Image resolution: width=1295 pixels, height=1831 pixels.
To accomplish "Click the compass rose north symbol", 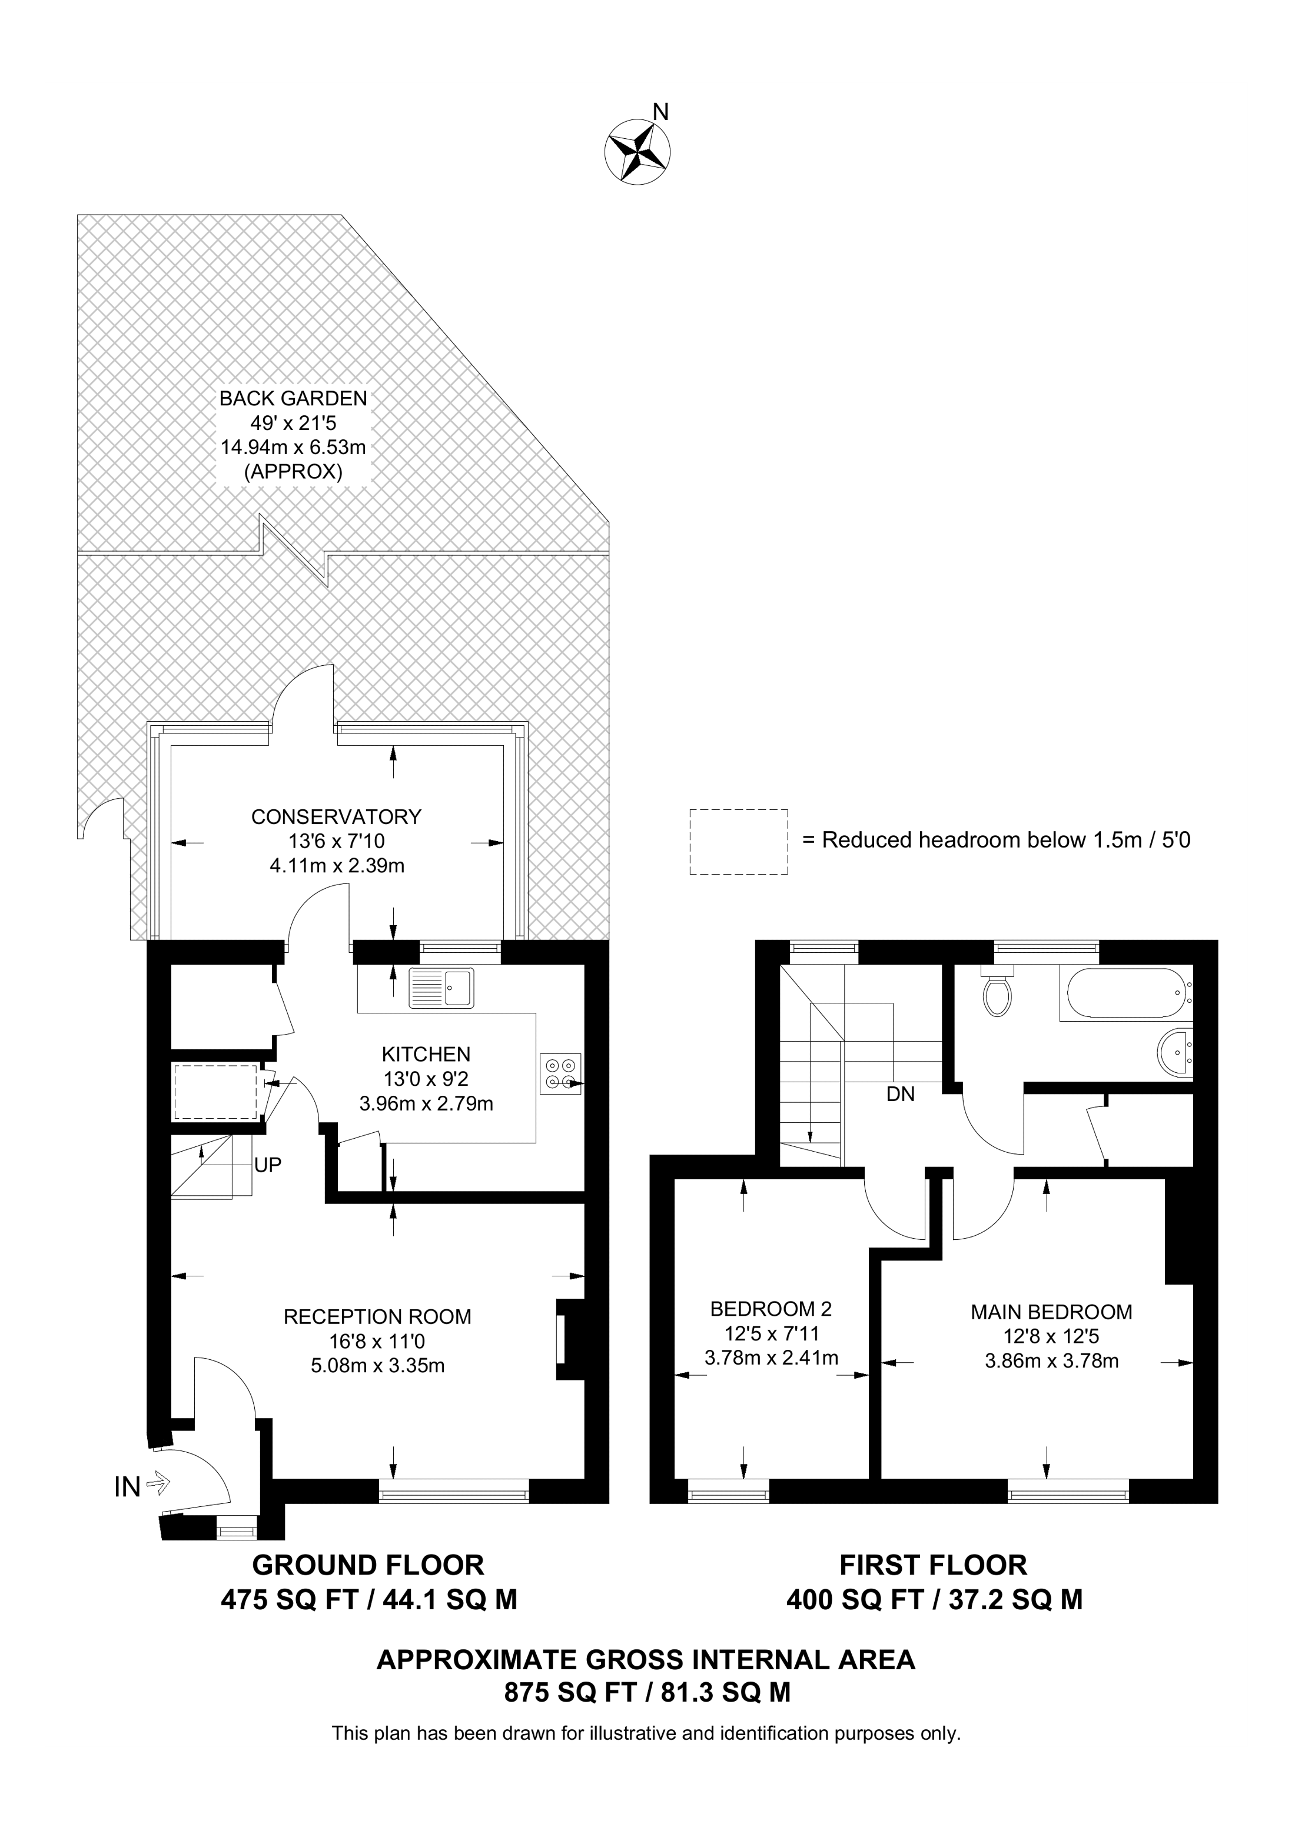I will [x=637, y=149].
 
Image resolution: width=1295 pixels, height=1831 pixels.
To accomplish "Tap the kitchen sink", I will [x=441, y=988].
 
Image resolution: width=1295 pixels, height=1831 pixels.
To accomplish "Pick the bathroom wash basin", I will [x=1174, y=1054].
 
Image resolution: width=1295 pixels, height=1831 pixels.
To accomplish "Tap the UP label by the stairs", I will [x=267, y=1165].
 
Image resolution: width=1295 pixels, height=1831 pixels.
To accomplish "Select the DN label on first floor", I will [x=900, y=1094].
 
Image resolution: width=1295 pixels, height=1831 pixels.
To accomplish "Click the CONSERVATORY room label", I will [x=336, y=816].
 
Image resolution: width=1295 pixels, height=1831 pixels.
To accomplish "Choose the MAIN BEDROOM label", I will [x=1051, y=1312].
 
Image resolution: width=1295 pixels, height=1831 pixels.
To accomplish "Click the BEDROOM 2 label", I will [x=770, y=1309].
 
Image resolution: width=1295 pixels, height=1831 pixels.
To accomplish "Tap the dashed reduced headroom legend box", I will [x=738, y=841].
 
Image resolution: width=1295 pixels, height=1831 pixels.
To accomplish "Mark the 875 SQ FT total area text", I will [x=646, y=1692].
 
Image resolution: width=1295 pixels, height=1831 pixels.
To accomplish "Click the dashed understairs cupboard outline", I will [x=215, y=1091].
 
